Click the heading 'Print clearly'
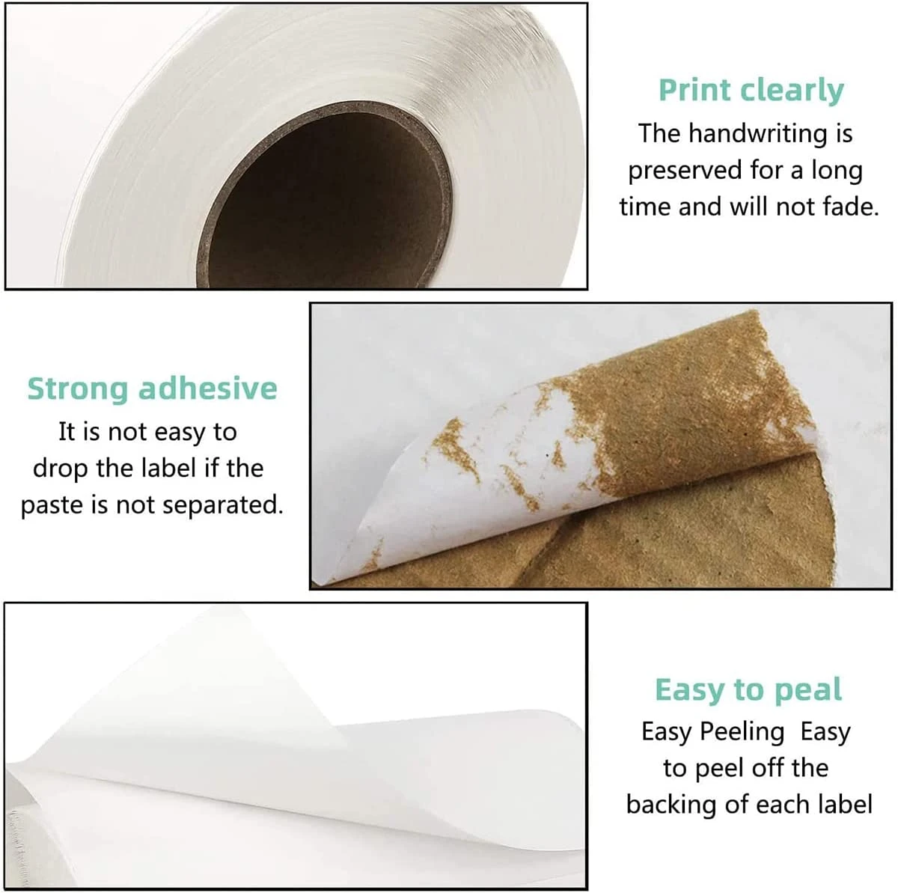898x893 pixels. [751, 91]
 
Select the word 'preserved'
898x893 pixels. [685, 171]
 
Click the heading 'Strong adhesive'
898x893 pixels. [152, 388]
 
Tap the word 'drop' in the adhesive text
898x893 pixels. [61, 469]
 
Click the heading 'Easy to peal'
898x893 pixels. [748, 689]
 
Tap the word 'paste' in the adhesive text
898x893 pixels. [52, 505]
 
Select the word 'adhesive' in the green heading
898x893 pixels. [208, 388]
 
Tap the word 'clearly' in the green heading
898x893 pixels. [792, 91]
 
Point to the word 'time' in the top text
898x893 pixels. [645, 207]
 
